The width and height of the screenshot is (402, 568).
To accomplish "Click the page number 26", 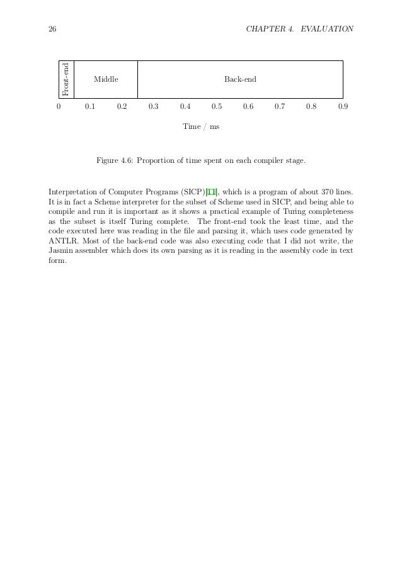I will tap(52, 29).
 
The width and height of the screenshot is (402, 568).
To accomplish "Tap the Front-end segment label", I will tap(66, 79).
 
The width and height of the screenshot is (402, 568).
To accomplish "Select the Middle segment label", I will tap(106, 79).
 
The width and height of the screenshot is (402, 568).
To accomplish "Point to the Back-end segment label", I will tap(240, 79).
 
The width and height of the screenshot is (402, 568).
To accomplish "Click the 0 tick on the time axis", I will tap(59, 106).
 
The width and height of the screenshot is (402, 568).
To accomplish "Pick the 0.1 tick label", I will tap(90, 106).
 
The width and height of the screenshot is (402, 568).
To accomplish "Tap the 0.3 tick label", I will tap(153, 106).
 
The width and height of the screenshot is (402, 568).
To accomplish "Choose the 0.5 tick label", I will tap(217, 106).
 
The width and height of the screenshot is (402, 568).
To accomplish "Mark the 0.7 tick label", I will tap(280, 106).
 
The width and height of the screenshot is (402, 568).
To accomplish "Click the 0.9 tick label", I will tap(343, 106).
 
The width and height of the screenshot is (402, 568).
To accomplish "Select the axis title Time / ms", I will tap(201, 126).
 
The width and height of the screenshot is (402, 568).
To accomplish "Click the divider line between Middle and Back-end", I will tap(137, 79).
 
